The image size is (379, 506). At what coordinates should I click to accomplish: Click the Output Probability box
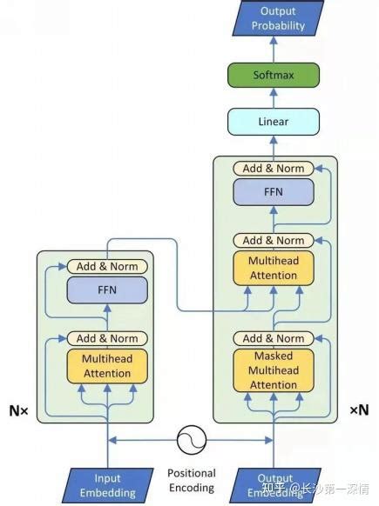pos(273,18)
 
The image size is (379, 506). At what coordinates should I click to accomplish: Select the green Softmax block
pos(273,76)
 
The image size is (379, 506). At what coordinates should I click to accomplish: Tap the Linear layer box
pos(273,122)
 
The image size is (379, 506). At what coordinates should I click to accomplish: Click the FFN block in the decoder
pos(273,192)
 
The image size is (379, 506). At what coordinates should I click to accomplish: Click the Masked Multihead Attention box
pos(273,370)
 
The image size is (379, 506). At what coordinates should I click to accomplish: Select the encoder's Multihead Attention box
pos(107,367)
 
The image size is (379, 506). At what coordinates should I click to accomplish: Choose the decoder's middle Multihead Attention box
pos(273,269)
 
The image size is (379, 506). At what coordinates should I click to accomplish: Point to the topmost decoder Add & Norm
pos(273,168)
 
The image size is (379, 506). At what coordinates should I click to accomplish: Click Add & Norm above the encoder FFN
pos(107,266)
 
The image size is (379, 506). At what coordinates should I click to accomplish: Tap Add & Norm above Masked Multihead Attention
pos(273,338)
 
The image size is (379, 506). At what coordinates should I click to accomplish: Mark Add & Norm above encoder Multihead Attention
pos(107,338)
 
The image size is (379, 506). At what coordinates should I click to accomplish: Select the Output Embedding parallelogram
pos(274,485)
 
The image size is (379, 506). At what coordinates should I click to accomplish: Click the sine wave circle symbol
pos(190,441)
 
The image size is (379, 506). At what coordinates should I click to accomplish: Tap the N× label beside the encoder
pos(18,409)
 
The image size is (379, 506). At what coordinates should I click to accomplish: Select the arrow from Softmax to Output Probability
pos(273,50)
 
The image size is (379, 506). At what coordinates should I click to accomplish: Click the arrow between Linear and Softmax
pos(273,98)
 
